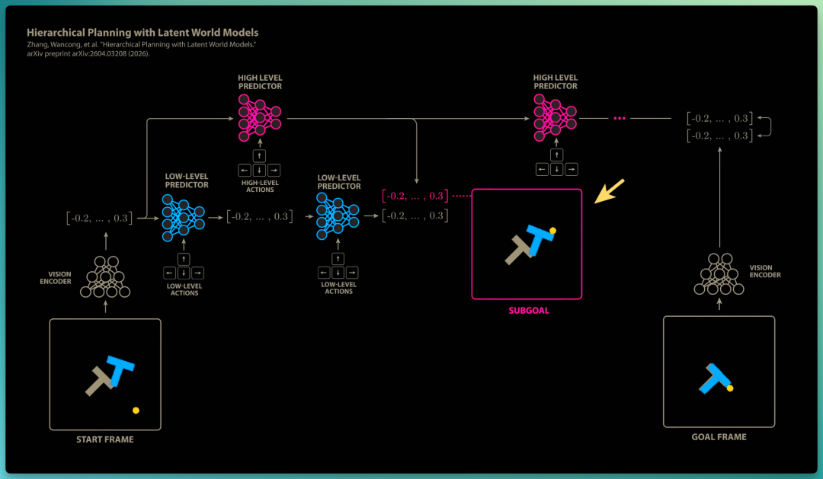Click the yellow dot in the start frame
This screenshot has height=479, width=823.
point(136,410)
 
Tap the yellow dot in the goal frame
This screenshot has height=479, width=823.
point(729,388)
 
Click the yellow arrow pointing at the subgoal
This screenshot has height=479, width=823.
point(610,191)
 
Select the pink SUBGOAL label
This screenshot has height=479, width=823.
point(529,311)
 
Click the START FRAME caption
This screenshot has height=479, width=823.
point(105,439)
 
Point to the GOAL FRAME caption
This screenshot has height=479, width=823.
point(719,437)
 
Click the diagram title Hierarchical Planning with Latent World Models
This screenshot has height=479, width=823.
point(143,33)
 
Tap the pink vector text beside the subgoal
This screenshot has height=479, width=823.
point(415,196)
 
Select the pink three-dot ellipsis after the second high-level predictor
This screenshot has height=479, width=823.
point(620,119)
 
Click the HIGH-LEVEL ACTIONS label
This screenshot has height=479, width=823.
point(260,187)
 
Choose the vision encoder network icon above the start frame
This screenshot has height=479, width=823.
point(105,277)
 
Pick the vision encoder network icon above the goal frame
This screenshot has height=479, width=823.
point(719,274)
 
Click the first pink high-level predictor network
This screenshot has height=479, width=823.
point(260,118)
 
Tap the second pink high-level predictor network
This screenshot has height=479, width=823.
point(556,117)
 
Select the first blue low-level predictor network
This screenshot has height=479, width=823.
point(183,218)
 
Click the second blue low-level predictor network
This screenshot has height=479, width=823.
point(338,216)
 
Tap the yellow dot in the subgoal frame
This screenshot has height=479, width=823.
point(552,230)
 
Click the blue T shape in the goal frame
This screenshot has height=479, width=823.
point(714,378)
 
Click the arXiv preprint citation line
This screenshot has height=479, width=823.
point(88,53)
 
